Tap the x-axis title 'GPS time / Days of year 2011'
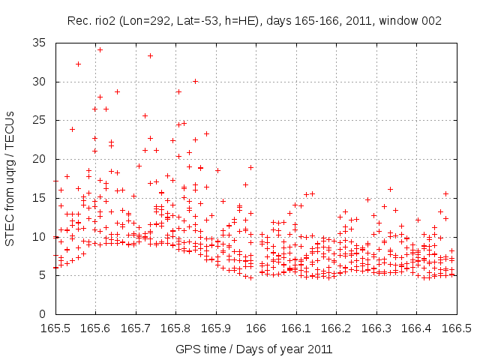point(253,349)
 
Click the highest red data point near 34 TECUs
point(100,49)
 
